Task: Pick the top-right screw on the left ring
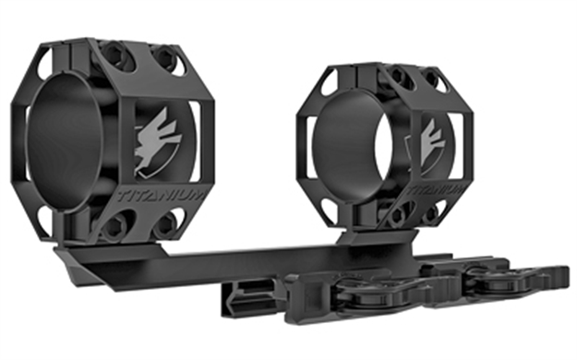coord(166,60)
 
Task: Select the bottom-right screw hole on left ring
coord(166,224)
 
